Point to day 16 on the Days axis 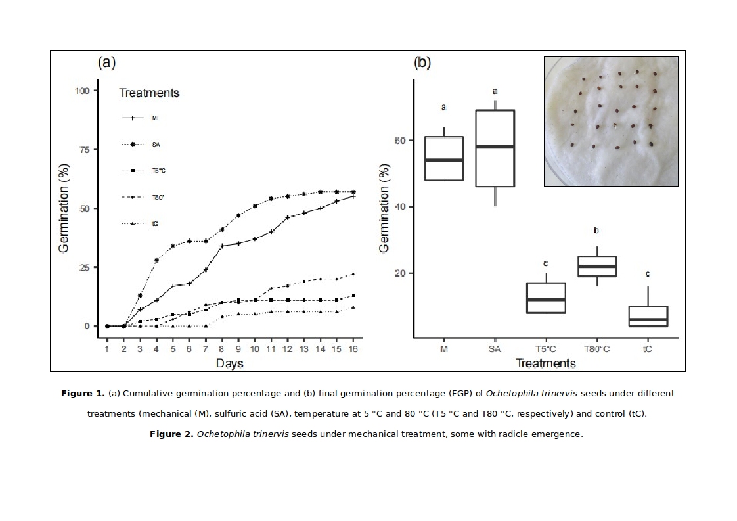point(353,350)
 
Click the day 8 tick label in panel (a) point(222,350)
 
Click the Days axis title point(230,363)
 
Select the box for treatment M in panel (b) point(444,158)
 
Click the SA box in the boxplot point(495,148)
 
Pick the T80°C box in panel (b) point(596,266)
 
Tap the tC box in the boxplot point(648,316)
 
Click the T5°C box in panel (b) point(546,298)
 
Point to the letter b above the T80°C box point(596,231)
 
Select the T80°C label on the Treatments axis point(596,350)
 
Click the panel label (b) point(422,63)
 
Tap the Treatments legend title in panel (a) point(149,93)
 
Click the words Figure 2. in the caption point(172,434)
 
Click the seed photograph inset point(611,121)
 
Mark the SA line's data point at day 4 point(156,260)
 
